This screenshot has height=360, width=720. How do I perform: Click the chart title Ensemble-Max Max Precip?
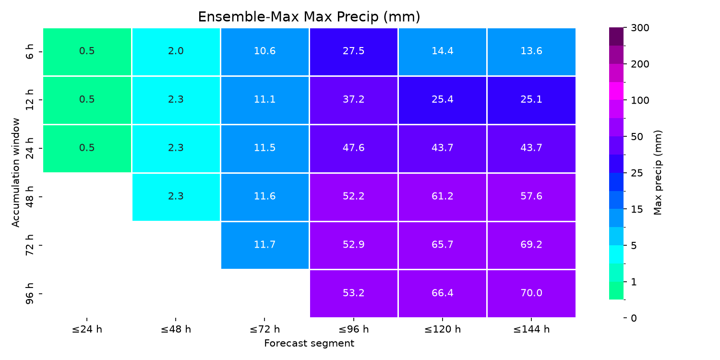point(309,17)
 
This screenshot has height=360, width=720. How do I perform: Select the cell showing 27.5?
point(354,52)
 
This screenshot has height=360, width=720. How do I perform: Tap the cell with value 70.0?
point(531,294)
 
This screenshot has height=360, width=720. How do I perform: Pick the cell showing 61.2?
point(443,197)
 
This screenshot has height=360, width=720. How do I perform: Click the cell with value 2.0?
point(176,52)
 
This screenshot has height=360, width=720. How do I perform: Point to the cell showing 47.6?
point(354,148)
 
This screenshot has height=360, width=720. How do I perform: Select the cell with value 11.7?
point(265,245)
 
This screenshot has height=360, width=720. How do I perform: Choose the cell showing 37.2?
point(354,100)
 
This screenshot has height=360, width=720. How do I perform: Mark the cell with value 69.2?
point(531,245)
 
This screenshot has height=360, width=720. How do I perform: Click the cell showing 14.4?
point(443,52)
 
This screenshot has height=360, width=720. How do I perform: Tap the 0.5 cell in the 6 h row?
point(87,52)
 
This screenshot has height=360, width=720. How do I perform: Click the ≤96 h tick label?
point(354,329)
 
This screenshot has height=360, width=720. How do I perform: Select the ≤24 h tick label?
point(87,329)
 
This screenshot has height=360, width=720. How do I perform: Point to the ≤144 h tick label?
point(531,329)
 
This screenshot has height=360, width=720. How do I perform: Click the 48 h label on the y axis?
point(29,197)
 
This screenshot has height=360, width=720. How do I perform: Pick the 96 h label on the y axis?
point(29,294)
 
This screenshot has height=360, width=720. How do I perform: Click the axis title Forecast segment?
point(309,343)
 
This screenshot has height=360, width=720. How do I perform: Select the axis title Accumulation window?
point(15,173)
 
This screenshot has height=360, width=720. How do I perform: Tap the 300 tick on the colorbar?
point(640,28)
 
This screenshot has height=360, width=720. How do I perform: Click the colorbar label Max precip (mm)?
point(658,173)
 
